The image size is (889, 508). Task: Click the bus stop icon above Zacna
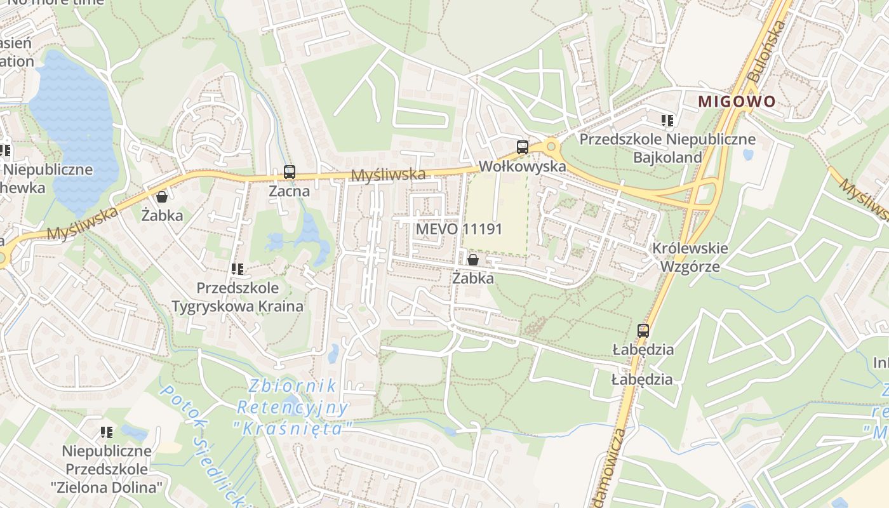click(290, 171)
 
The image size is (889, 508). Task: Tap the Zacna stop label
click(290, 190)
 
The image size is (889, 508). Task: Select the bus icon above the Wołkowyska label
click(523, 147)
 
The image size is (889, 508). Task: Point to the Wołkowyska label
click(523, 166)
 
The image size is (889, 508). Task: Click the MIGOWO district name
click(737, 101)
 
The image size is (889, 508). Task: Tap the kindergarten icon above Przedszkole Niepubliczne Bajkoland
click(667, 120)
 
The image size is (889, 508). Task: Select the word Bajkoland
click(667, 157)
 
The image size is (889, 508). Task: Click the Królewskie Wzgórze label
click(690, 257)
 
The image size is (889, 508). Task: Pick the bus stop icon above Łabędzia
click(643, 330)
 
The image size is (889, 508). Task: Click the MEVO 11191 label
click(459, 229)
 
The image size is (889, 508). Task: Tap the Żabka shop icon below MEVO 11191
click(472, 259)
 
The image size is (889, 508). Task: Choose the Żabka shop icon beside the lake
click(162, 196)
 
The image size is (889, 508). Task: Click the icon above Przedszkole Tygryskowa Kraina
click(237, 269)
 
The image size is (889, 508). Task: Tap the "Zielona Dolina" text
click(107, 488)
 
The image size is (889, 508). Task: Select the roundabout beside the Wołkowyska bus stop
click(551, 147)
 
